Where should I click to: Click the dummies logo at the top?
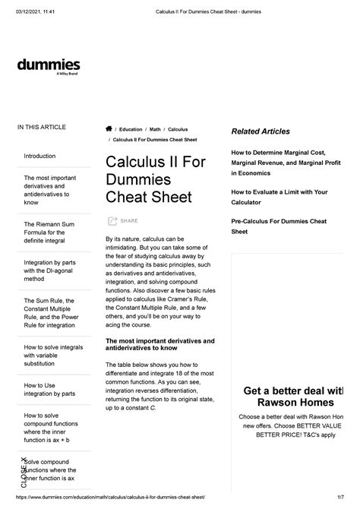(48, 66)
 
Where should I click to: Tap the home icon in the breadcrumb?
(109, 130)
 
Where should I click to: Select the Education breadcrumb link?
(134, 130)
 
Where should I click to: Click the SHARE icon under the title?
(112, 221)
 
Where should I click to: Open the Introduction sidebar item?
(40, 156)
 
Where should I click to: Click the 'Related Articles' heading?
(260, 132)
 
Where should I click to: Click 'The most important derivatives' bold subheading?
(159, 346)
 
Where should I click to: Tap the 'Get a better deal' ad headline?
(292, 397)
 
